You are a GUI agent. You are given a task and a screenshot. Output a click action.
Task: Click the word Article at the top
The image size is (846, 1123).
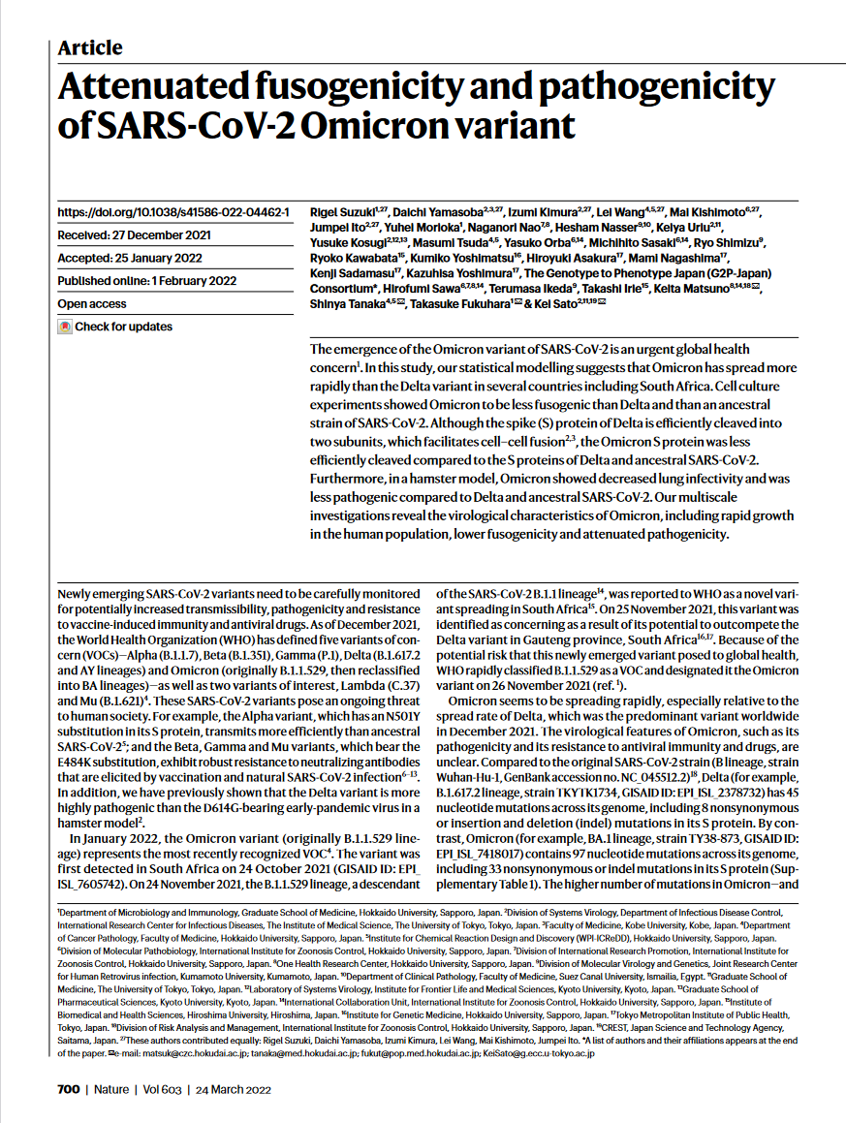90,47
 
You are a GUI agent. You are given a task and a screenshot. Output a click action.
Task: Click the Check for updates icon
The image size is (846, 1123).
65,327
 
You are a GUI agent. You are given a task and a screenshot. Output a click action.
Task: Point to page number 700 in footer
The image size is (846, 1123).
68,1089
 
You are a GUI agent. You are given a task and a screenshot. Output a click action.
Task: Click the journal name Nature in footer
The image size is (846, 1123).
111,1089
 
